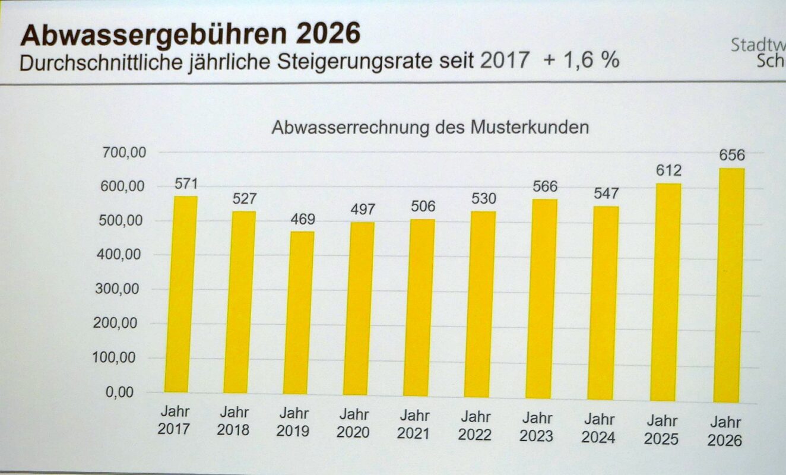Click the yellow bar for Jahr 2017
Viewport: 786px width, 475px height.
[x=180, y=294]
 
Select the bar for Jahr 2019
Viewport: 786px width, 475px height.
[x=299, y=312]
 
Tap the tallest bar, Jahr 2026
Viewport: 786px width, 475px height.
[x=729, y=285]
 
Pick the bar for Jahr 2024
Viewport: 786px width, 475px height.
[x=603, y=303]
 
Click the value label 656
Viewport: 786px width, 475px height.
[x=732, y=156]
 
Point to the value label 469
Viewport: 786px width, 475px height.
[x=303, y=218]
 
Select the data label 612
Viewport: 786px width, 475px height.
[x=669, y=171]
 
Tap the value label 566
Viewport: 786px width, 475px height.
[x=544, y=186]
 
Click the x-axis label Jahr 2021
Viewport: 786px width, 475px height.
[x=413, y=424]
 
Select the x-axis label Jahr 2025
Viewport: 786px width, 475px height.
[x=662, y=430]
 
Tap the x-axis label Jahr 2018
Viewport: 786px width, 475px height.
[x=233, y=420]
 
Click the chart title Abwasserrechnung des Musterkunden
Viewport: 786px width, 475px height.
[x=430, y=128]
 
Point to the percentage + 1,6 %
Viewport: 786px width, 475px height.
[x=581, y=60]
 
